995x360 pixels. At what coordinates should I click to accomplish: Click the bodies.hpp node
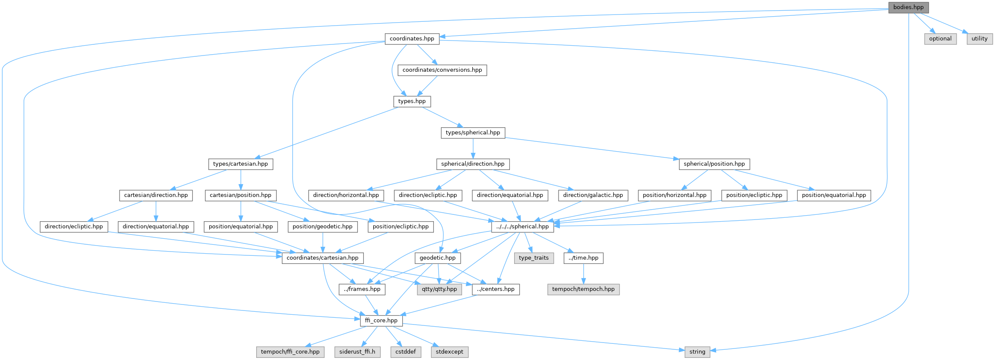tap(908, 7)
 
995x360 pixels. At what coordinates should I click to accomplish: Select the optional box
tap(940, 38)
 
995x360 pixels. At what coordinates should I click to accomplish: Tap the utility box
tap(979, 38)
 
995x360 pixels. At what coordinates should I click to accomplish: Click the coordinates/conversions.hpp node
tap(442, 70)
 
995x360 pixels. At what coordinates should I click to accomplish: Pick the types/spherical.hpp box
tap(473, 133)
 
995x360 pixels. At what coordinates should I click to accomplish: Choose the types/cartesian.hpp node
tap(240, 164)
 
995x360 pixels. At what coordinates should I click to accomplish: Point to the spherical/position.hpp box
tap(714, 164)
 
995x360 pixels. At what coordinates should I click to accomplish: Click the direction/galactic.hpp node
tap(593, 195)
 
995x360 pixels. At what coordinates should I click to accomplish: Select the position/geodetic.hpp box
tap(322, 227)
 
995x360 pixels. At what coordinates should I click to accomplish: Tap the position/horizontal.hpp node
tap(674, 195)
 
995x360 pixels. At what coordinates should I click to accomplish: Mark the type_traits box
tap(533, 258)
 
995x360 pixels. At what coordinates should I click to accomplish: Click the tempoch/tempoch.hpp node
tap(583, 289)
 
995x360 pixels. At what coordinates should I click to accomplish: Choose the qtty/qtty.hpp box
tap(439, 289)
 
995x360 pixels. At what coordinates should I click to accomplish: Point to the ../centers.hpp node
tap(496, 289)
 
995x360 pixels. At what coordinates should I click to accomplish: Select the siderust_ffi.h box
tap(357, 352)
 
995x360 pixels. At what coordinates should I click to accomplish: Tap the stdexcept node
tap(449, 352)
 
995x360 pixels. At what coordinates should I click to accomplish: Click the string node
tap(697, 352)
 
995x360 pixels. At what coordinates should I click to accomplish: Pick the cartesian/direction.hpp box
tap(156, 195)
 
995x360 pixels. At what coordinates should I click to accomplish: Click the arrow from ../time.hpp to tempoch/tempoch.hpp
tap(583, 273)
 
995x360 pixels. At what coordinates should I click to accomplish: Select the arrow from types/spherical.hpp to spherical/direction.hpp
tap(473, 148)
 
